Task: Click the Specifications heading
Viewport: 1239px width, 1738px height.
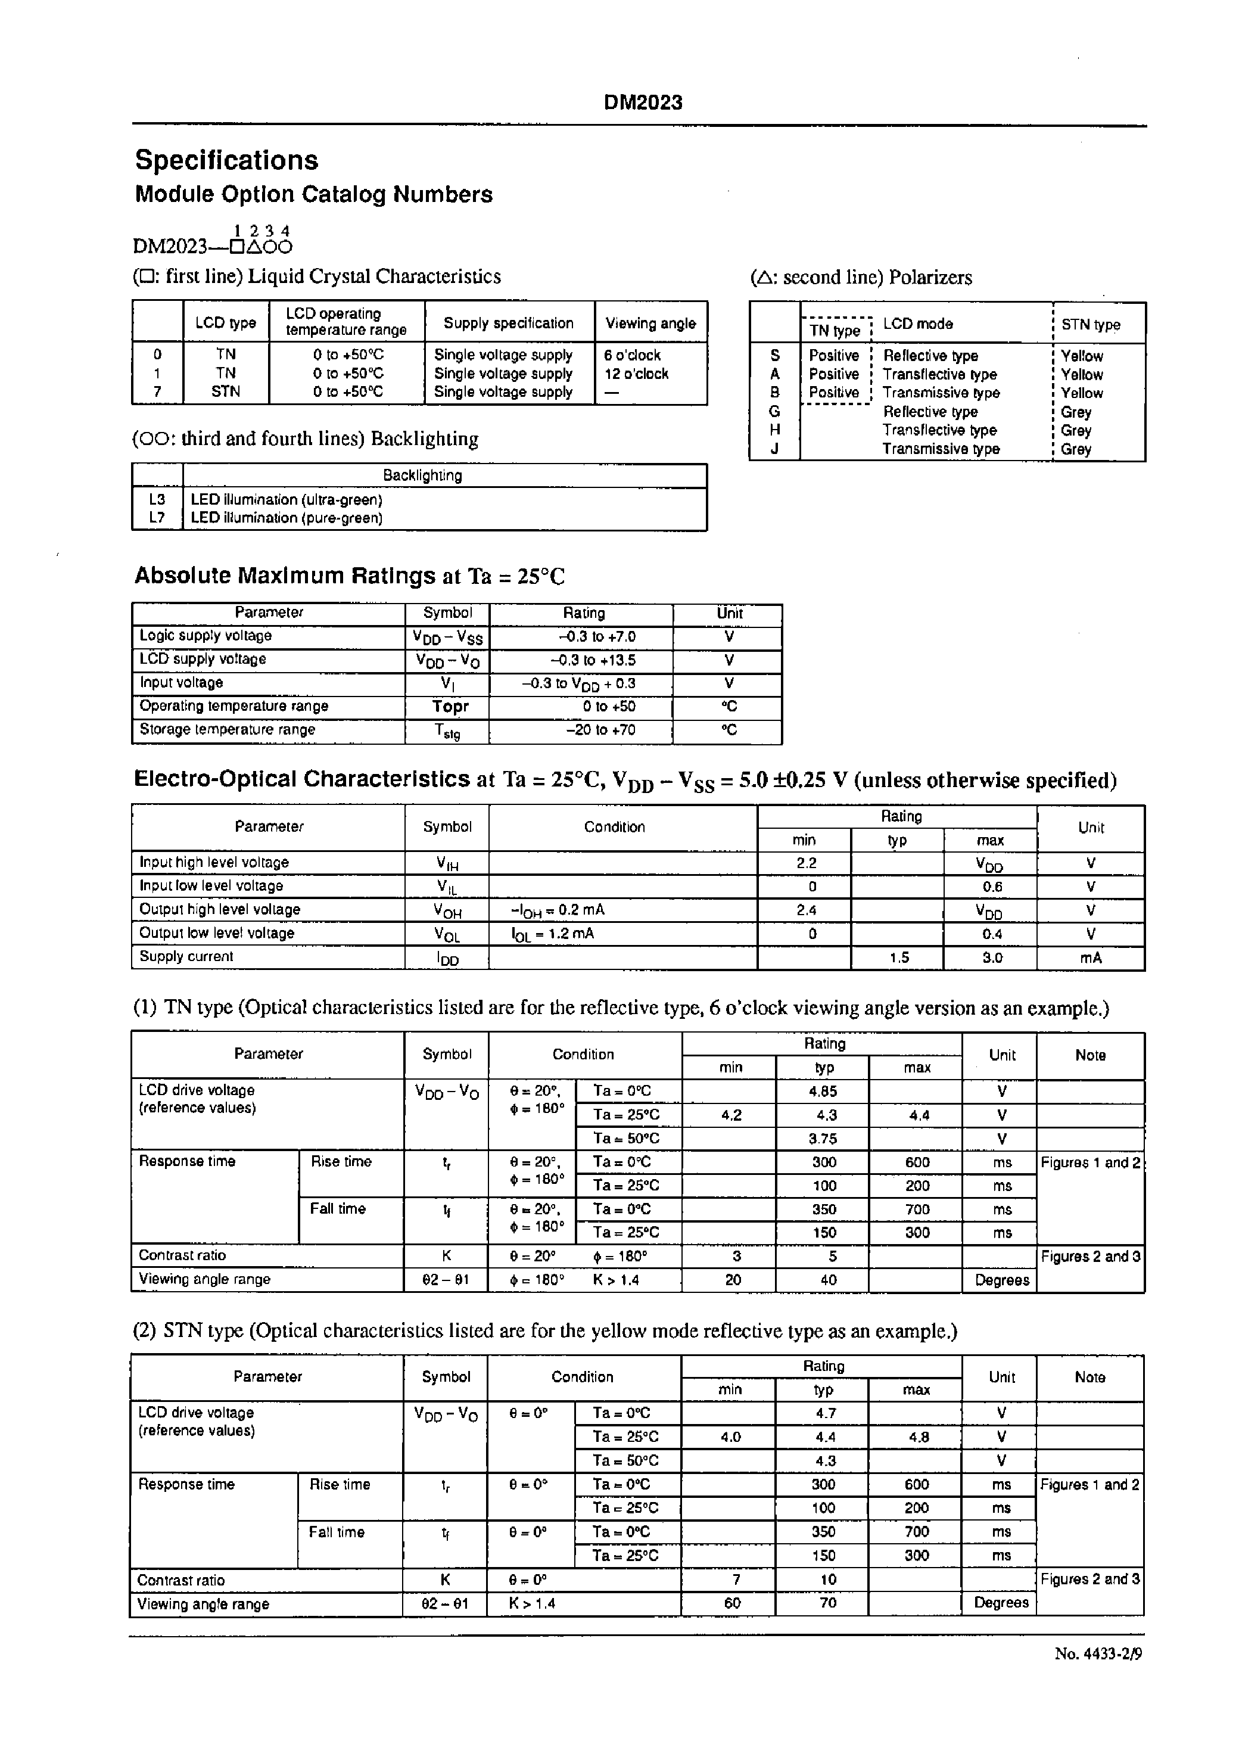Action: (x=226, y=160)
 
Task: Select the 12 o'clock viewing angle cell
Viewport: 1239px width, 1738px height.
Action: (x=636, y=374)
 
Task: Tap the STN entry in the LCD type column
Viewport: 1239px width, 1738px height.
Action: (x=225, y=391)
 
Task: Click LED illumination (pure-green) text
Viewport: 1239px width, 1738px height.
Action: (x=286, y=518)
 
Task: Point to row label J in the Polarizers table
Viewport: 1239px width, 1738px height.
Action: (x=774, y=449)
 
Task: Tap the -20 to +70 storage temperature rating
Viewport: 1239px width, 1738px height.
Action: (x=600, y=730)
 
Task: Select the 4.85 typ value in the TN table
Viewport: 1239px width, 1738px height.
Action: (x=824, y=1092)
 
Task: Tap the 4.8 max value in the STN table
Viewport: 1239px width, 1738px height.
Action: (x=919, y=1437)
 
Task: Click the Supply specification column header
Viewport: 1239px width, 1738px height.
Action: (x=508, y=324)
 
